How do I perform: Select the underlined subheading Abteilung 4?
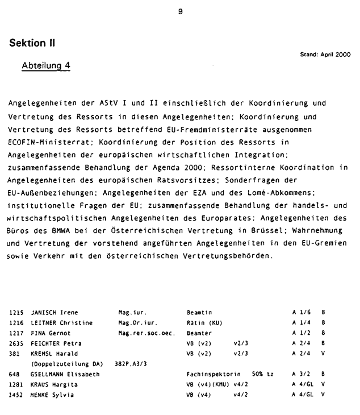point(45,65)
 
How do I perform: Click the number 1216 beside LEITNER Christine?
point(16,323)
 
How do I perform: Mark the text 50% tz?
point(263,374)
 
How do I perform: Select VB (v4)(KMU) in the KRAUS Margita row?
point(208,384)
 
